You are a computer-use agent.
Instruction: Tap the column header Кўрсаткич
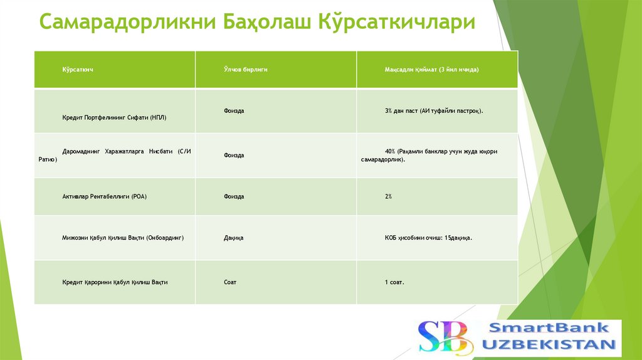(x=78, y=70)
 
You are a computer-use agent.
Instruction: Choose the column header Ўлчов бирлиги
(x=246, y=70)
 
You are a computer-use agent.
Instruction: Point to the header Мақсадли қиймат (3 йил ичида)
(x=431, y=70)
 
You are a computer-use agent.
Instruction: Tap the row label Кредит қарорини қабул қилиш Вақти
(x=115, y=282)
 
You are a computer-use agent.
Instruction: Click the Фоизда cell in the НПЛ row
(x=234, y=110)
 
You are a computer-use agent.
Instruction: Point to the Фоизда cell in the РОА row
(x=234, y=196)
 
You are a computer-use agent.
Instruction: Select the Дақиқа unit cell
(x=233, y=238)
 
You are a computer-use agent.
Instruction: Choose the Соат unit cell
(x=230, y=282)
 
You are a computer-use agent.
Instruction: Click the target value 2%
(x=388, y=196)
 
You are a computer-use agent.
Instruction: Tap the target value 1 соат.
(x=394, y=282)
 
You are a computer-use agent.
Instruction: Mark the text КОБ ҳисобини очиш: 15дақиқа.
(x=428, y=238)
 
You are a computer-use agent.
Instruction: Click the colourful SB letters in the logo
(x=443, y=337)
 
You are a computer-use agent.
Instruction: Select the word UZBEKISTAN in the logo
(x=549, y=344)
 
